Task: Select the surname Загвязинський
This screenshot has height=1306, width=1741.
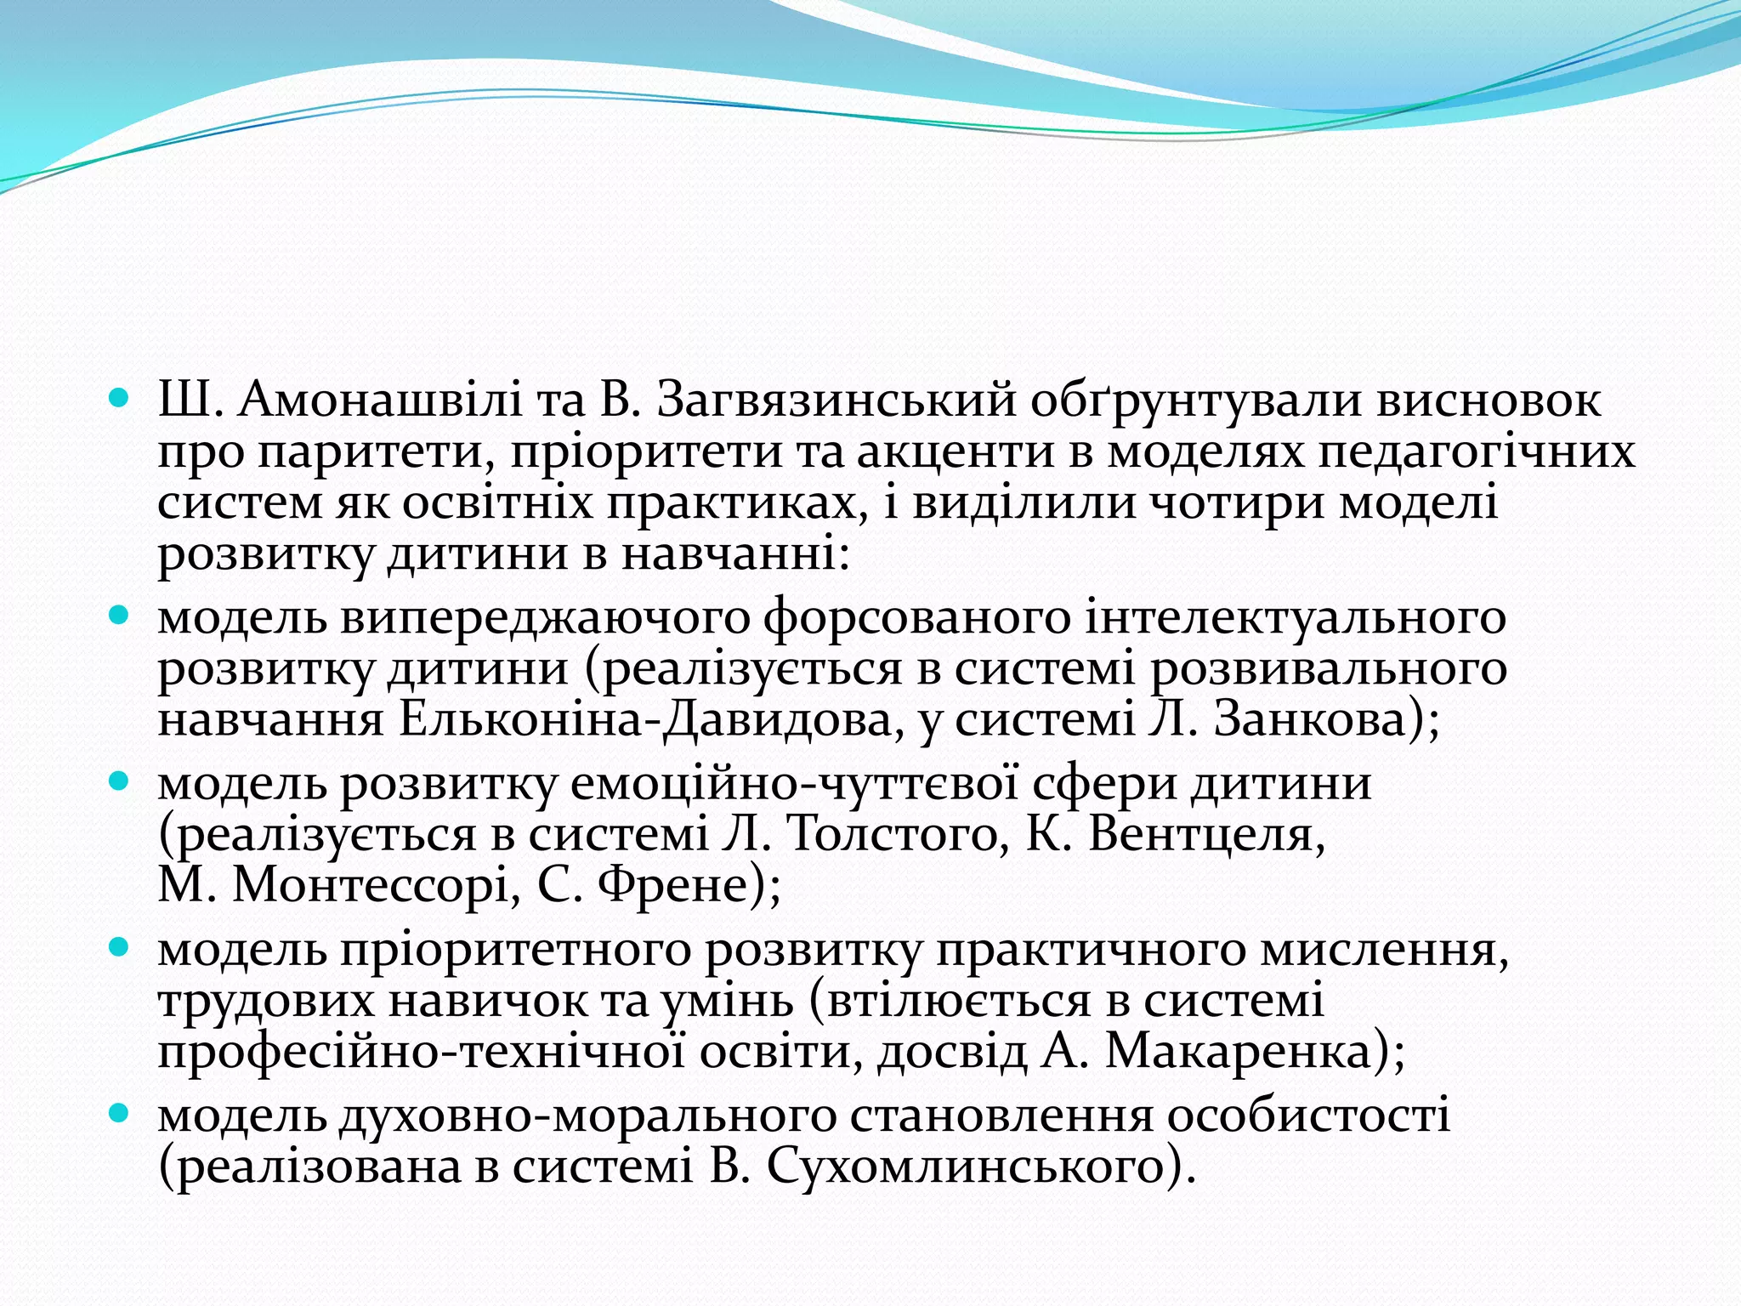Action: (837, 400)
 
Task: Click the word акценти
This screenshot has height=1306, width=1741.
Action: (973, 451)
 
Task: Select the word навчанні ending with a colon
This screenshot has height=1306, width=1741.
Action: (736, 554)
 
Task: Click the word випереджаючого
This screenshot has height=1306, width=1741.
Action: (545, 618)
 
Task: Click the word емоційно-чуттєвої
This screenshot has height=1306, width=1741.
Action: (794, 784)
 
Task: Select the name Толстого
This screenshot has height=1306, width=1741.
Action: (893, 835)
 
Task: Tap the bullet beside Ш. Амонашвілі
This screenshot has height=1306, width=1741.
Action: (120, 396)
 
